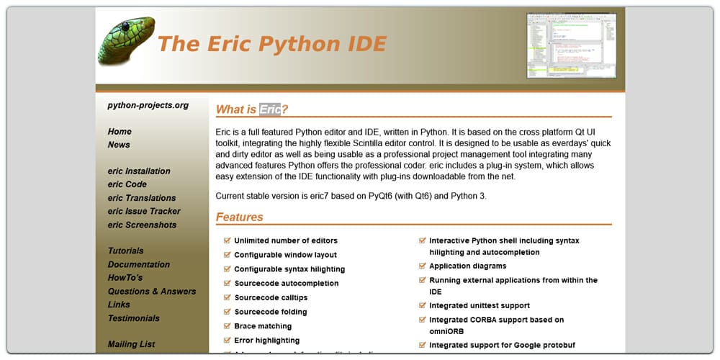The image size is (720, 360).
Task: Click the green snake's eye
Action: coord(125,27)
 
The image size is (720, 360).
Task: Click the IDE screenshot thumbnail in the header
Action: coord(572,45)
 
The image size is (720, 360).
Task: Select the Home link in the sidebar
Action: coord(120,132)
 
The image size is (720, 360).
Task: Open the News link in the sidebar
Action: coord(119,145)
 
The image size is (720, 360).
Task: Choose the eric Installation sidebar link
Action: coord(139,171)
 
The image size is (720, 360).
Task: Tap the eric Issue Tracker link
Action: coord(144,212)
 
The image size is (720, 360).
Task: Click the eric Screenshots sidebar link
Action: coord(142,225)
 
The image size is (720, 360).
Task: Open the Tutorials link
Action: coord(125,251)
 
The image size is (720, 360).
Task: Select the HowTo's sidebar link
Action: coord(125,278)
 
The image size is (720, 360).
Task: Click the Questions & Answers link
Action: coord(151,292)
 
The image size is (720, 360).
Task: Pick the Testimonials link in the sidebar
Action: coord(133,318)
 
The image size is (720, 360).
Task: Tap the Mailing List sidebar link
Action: coord(131,344)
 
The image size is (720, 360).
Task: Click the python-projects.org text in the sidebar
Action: coord(148,105)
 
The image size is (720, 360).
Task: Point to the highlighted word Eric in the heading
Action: coord(270,109)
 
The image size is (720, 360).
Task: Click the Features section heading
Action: coord(240,217)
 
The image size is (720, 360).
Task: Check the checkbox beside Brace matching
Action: coord(228,326)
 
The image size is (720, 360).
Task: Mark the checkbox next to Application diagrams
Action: coord(423,266)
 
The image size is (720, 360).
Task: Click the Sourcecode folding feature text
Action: coord(271,312)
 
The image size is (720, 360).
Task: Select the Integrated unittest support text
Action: coord(479,306)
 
